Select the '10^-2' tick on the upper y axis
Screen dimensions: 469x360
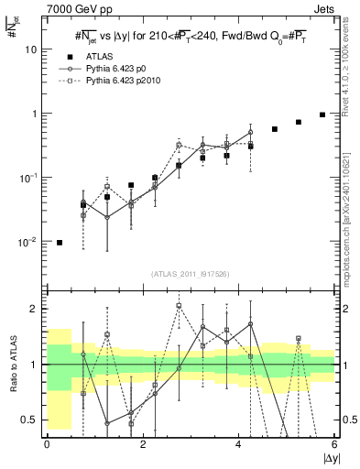click(30, 242)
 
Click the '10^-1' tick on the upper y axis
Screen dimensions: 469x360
click(30, 178)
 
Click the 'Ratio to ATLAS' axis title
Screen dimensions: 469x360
click(10, 365)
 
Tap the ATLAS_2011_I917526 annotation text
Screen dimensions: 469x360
click(190, 274)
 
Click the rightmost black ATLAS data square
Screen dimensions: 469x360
click(322, 115)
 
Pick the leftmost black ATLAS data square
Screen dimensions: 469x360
click(60, 243)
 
